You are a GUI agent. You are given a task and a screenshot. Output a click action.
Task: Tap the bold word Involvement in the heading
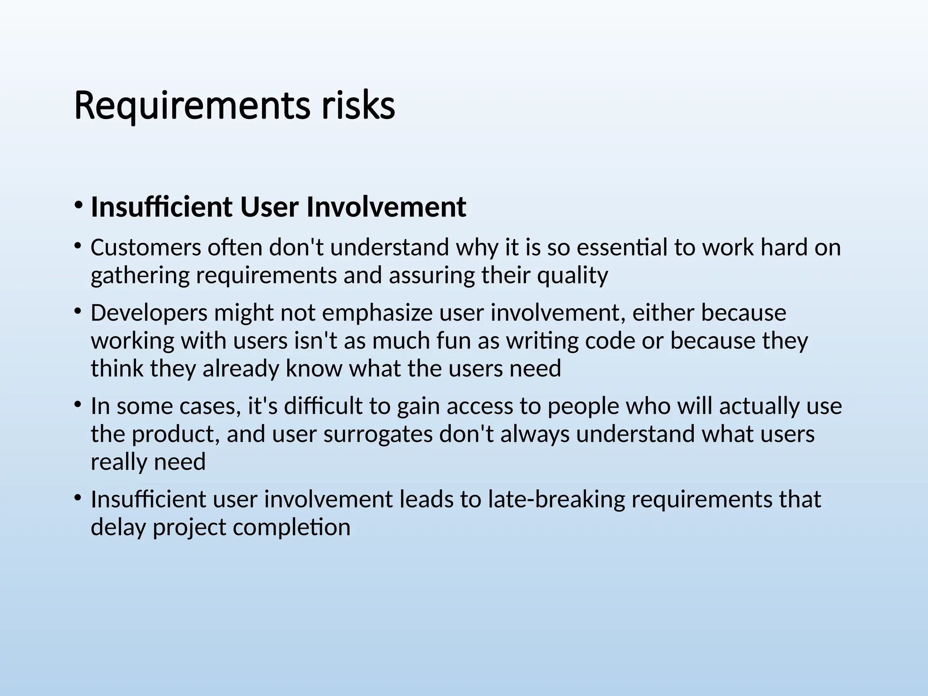point(386,207)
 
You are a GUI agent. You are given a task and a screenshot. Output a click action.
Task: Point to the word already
point(240,369)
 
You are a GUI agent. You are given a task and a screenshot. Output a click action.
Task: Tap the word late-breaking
point(556,499)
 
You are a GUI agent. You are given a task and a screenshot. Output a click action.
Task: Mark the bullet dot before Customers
point(78,246)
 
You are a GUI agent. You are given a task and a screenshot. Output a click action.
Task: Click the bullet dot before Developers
point(78,311)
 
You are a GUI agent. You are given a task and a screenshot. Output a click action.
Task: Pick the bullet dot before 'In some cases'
point(78,405)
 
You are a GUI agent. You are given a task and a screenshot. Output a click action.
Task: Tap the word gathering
point(140,275)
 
